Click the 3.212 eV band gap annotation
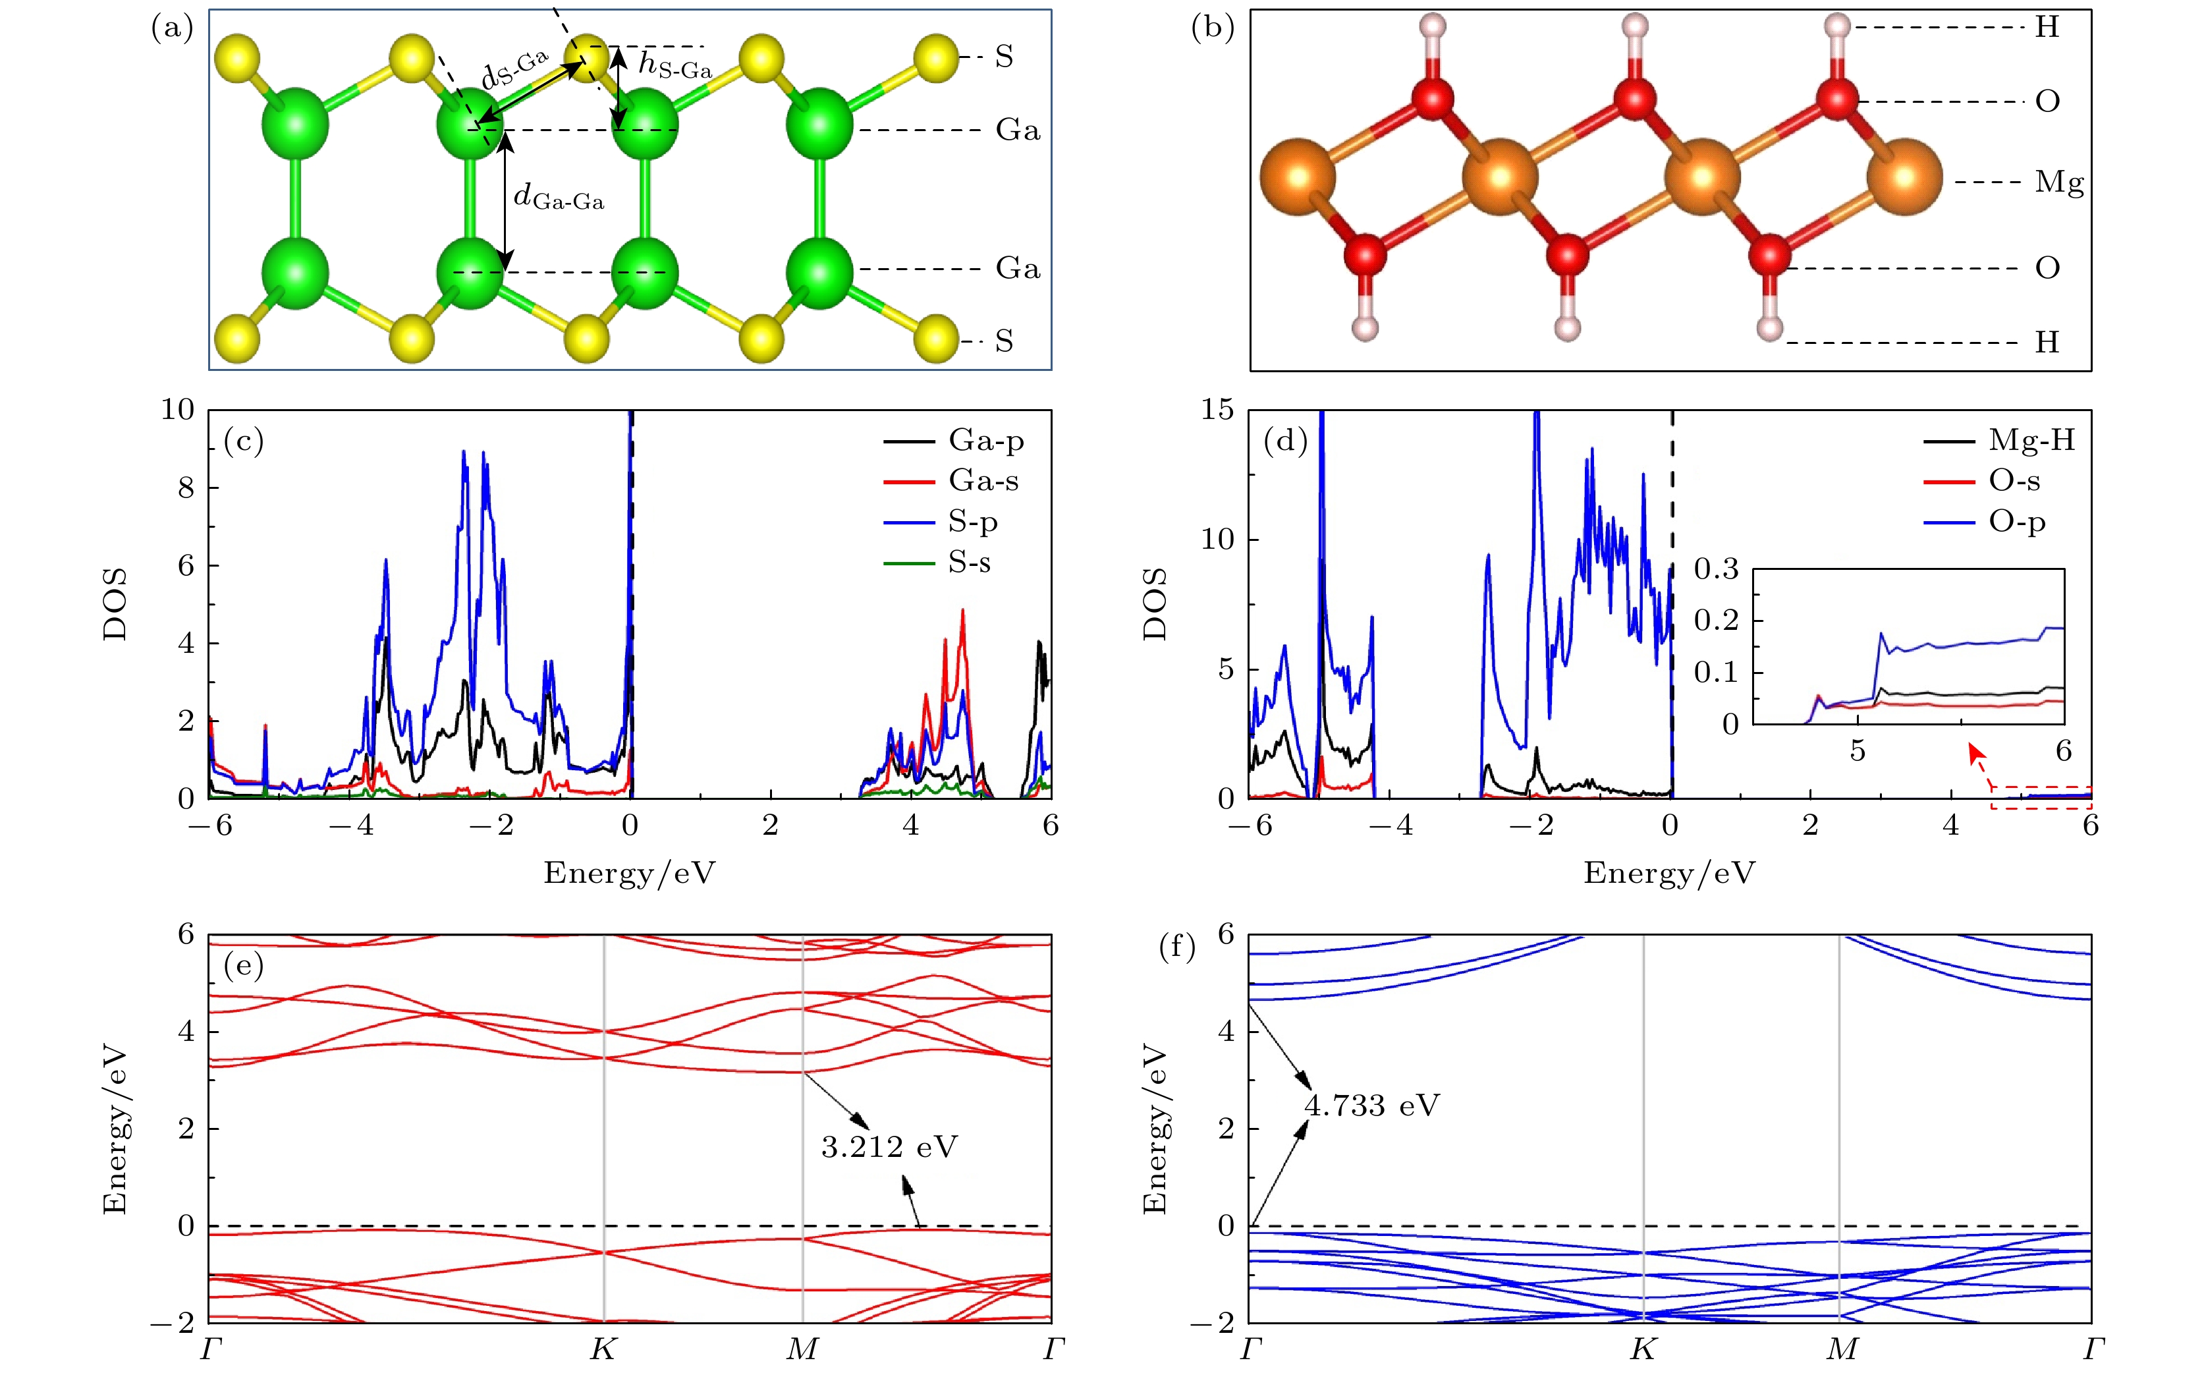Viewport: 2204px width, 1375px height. (x=889, y=1148)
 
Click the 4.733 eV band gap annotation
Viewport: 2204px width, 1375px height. (x=1372, y=1106)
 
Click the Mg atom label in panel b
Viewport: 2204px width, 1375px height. (x=2058, y=182)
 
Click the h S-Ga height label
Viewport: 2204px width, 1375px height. (x=674, y=65)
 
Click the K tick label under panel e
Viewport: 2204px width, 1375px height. (x=603, y=1349)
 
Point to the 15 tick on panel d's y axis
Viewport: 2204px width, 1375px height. (x=1217, y=410)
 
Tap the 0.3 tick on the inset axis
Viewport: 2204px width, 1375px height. (x=1716, y=570)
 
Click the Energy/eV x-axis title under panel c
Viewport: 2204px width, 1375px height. (x=629, y=873)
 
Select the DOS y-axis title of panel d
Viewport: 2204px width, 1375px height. (x=1155, y=604)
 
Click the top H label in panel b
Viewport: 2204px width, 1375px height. (x=2047, y=27)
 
